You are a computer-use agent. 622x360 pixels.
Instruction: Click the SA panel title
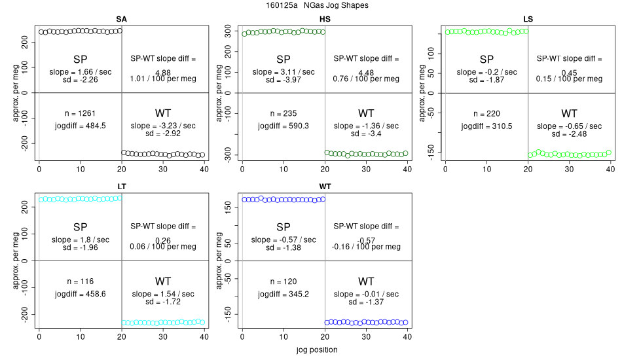click(x=121, y=19)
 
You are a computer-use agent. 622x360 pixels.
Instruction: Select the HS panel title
click(x=325, y=19)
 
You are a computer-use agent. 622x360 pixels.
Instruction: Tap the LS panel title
click(x=528, y=19)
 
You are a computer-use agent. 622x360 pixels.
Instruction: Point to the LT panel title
click(x=121, y=187)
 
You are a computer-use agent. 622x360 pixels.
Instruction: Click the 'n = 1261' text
click(x=81, y=113)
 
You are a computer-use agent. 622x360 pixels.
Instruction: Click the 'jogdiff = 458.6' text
click(x=81, y=294)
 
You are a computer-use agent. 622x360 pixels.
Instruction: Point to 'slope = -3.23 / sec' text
click(x=163, y=125)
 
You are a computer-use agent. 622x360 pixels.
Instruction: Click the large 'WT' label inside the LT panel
click(x=163, y=281)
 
